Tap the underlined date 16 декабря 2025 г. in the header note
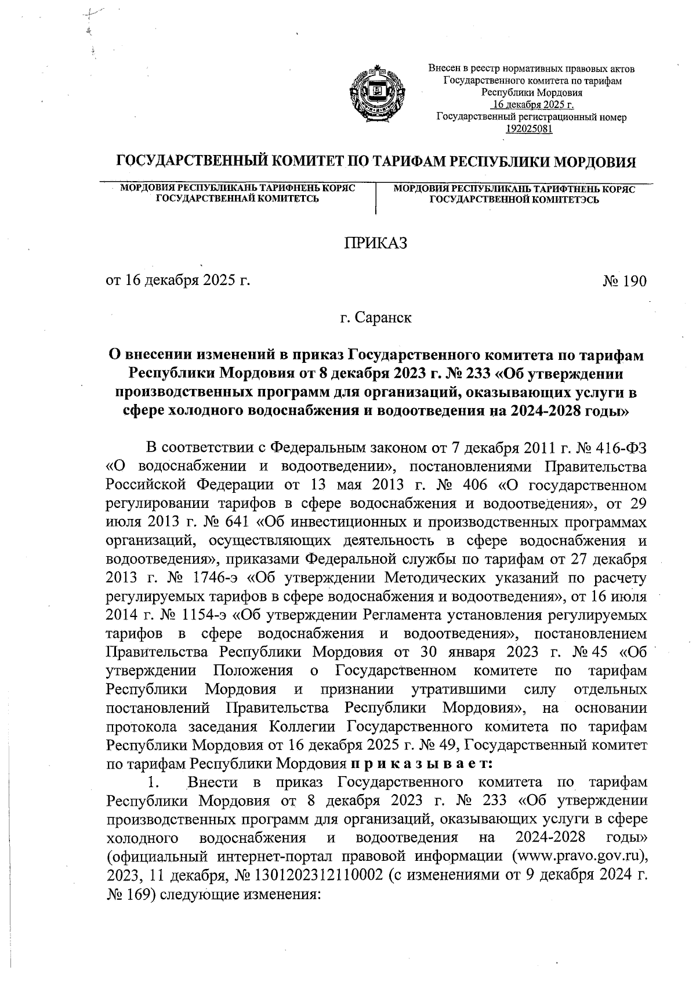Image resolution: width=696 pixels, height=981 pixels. (532, 105)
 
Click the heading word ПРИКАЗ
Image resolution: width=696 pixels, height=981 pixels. (376, 243)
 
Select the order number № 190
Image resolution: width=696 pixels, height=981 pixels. (624, 282)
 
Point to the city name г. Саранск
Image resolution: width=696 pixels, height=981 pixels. (376, 318)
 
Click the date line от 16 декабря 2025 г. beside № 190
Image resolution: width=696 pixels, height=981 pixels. (177, 282)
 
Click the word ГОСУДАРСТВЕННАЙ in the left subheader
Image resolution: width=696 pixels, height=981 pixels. (204, 199)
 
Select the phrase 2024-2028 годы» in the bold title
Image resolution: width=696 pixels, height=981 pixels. (571, 412)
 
